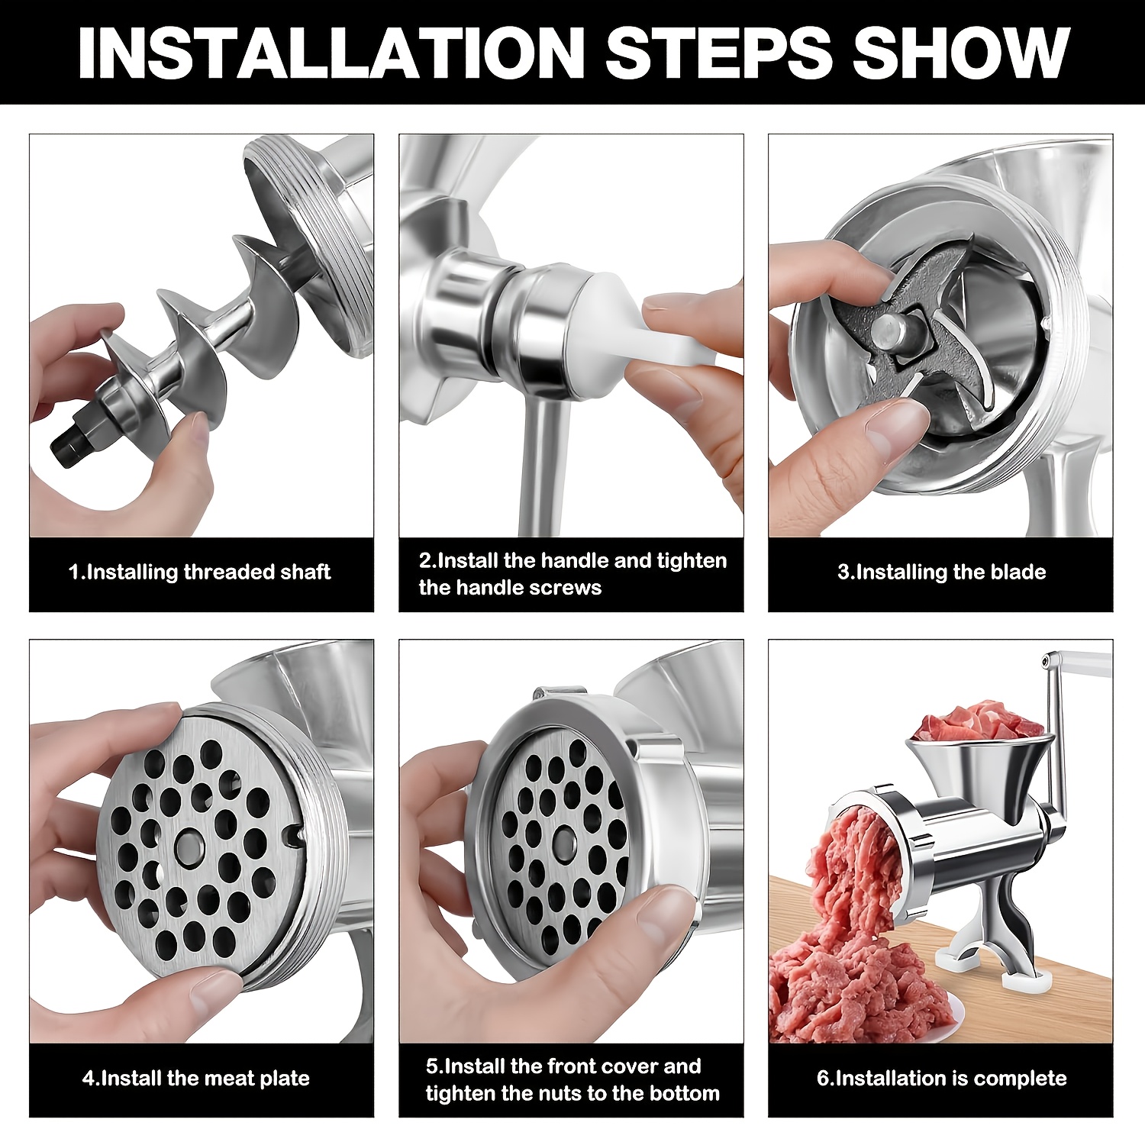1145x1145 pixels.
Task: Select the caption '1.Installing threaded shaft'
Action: coord(199,572)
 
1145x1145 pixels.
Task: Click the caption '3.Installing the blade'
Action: coord(941,572)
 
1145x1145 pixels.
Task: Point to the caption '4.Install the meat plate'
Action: coord(196,1079)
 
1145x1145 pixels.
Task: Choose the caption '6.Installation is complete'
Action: coord(941,1079)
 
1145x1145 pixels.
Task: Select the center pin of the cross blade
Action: coord(889,331)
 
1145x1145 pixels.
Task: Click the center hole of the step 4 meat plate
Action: coord(189,845)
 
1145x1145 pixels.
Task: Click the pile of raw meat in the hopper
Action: coord(977,721)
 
